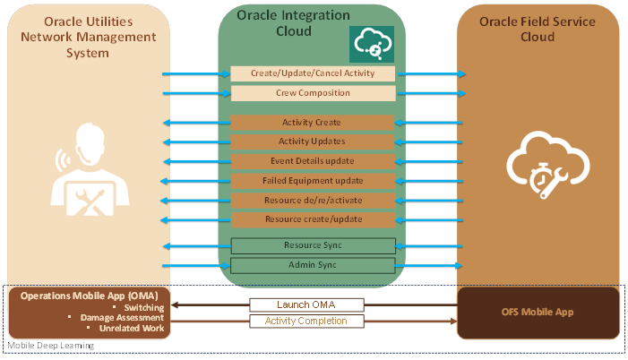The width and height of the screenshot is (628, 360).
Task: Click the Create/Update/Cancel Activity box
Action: click(x=313, y=73)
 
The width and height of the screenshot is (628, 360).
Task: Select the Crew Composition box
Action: click(x=313, y=93)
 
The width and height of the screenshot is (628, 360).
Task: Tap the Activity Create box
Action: click(x=312, y=123)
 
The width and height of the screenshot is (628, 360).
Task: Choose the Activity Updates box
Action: click(x=312, y=141)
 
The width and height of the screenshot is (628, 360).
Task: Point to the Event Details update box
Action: click(x=313, y=161)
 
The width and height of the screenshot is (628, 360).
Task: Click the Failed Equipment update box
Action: click(x=314, y=181)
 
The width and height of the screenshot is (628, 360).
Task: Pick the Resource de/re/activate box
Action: click(x=314, y=201)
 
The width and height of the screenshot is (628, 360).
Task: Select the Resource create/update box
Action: click(x=314, y=219)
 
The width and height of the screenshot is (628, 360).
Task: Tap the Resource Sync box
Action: click(x=314, y=246)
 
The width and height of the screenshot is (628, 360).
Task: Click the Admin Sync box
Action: click(x=313, y=265)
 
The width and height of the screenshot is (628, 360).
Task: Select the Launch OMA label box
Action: click(x=306, y=304)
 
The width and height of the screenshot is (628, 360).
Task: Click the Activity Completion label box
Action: click(x=306, y=321)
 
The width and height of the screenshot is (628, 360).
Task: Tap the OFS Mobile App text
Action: click(x=538, y=312)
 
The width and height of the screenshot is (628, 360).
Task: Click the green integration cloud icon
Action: click(x=372, y=44)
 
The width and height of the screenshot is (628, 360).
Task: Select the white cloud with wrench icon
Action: click(x=548, y=165)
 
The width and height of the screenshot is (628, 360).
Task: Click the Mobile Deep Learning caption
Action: click(x=51, y=345)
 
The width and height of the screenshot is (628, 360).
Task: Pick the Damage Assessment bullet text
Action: click(x=122, y=318)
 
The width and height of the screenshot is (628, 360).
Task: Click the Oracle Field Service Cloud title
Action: click(x=538, y=30)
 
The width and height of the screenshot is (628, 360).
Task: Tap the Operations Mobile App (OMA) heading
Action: click(x=90, y=296)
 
